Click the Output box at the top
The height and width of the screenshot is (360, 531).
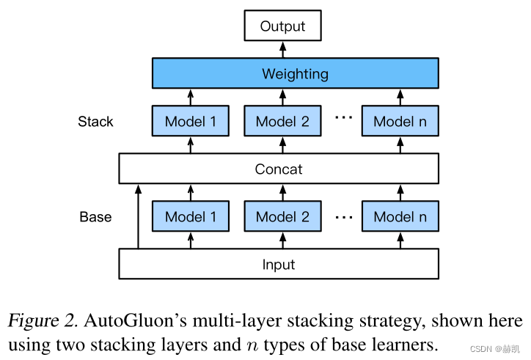[282, 26]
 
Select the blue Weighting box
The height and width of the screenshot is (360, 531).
[295, 74]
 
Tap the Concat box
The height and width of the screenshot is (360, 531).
[279, 169]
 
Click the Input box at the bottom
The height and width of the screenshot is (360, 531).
[279, 265]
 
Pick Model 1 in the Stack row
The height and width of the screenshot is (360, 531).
[191, 122]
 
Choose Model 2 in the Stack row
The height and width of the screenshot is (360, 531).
[282, 122]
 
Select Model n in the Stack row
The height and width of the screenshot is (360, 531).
[400, 122]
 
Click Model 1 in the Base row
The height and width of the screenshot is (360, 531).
[191, 217]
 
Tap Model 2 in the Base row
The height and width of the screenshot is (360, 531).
[282, 217]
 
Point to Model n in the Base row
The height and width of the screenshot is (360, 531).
[400, 217]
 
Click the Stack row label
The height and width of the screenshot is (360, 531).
[96, 122]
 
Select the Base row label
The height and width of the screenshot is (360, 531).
[96, 217]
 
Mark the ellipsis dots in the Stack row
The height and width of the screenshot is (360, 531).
[343, 117]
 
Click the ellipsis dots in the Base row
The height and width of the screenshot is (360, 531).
[343, 217]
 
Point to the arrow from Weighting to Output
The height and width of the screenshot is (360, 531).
[282, 50]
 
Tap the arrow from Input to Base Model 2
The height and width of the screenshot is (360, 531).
[282, 240]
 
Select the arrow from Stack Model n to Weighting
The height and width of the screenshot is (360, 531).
[400, 98]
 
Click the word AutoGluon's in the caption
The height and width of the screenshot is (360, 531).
[128, 322]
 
